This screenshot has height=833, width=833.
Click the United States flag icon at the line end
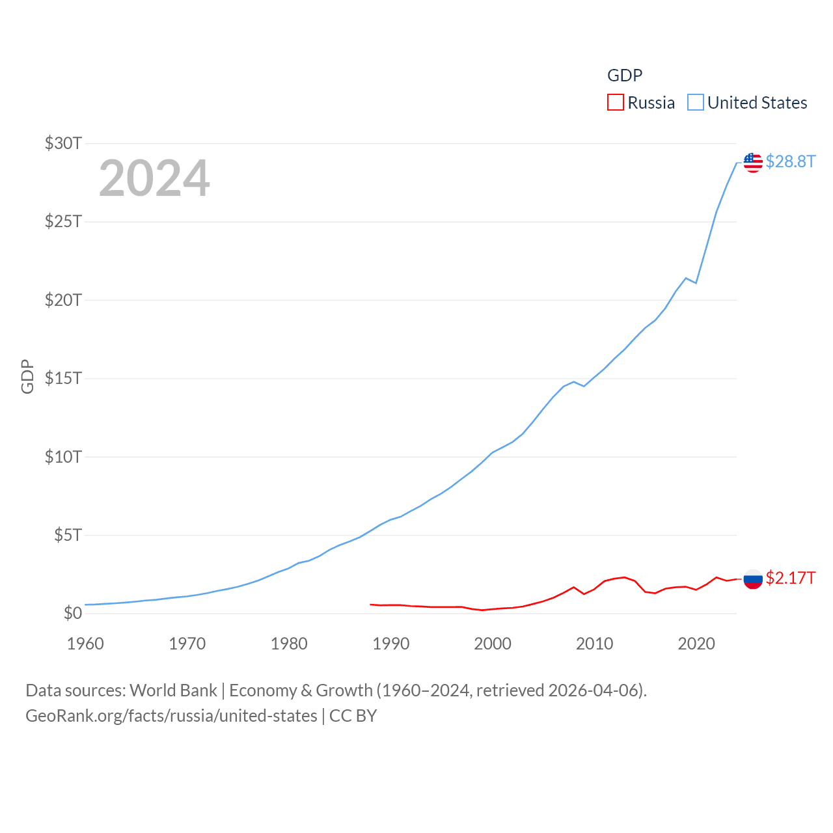point(753,162)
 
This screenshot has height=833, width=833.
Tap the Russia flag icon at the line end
point(753,579)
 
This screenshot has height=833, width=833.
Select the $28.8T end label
point(790,161)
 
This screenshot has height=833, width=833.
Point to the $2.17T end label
point(790,578)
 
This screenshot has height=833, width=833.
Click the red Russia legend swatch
point(615,103)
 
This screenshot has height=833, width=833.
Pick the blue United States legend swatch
point(696,103)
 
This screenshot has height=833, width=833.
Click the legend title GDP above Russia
point(625,75)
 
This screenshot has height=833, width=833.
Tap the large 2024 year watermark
point(154,178)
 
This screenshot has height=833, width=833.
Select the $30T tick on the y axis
point(63,143)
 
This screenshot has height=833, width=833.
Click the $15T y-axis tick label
point(63,378)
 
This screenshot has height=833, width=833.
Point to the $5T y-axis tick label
point(68,535)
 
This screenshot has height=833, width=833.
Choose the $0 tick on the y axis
point(72,613)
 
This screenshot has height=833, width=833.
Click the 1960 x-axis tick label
point(85,644)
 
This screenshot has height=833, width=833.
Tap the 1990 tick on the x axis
point(391,644)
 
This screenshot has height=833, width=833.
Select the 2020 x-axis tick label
point(696,644)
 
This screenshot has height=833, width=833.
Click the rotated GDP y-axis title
point(27,376)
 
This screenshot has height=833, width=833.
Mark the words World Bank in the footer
point(173,690)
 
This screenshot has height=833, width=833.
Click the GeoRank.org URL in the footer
point(171,716)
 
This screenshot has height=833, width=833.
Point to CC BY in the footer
point(353,716)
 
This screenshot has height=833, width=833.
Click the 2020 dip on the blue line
point(696,283)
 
